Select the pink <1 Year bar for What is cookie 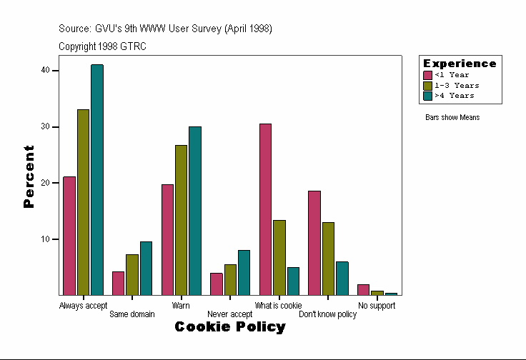click(x=265, y=209)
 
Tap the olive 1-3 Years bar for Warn click(x=181, y=220)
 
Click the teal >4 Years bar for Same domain click(x=146, y=268)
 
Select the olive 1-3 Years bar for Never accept click(x=230, y=279)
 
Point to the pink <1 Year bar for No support click(x=363, y=289)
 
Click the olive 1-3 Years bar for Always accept click(x=83, y=202)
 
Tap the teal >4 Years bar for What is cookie click(x=293, y=281)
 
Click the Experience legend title click(x=460, y=64)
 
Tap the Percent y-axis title click(x=29, y=176)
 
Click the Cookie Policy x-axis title click(x=230, y=327)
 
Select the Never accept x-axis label click(x=229, y=314)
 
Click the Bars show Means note click(x=452, y=117)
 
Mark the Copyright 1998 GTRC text click(x=103, y=46)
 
